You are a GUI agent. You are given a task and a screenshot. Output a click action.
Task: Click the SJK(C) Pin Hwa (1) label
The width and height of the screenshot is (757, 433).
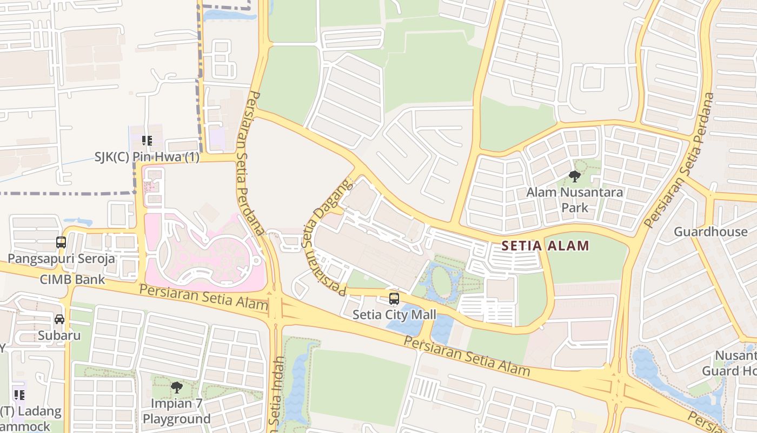point(147,158)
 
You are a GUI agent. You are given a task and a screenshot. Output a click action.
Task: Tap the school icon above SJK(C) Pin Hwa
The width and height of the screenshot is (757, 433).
point(147,141)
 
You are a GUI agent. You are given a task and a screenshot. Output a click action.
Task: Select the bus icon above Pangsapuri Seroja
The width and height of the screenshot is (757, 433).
point(61,242)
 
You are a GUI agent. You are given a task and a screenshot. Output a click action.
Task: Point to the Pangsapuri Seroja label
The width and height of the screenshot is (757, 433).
point(61,259)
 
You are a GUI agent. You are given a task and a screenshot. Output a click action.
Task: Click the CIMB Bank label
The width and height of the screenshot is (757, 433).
point(72,280)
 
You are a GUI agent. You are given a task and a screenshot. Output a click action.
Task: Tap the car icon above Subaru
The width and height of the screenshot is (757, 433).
point(59,319)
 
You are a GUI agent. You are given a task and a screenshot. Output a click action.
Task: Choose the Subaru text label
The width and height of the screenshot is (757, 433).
point(59,336)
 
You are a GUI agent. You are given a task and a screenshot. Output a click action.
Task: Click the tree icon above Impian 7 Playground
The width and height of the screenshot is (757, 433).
point(176,387)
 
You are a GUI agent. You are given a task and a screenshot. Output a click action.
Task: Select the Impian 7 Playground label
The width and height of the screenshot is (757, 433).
point(176,411)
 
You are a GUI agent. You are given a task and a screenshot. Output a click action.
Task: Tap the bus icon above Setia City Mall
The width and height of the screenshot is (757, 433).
point(394,298)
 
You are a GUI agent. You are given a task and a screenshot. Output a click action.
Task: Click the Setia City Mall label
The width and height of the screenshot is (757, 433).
point(394,314)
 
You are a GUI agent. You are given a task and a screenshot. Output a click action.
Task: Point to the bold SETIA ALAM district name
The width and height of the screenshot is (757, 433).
point(545,246)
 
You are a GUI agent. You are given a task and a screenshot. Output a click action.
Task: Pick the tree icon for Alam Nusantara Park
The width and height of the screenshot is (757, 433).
point(575,176)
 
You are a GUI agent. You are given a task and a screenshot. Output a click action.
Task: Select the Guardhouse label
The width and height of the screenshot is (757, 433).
point(710,232)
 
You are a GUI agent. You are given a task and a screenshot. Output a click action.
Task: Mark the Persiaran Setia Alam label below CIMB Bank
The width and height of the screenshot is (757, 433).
point(203,297)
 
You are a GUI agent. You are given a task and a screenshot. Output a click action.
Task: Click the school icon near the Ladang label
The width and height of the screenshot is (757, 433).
point(19,395)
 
